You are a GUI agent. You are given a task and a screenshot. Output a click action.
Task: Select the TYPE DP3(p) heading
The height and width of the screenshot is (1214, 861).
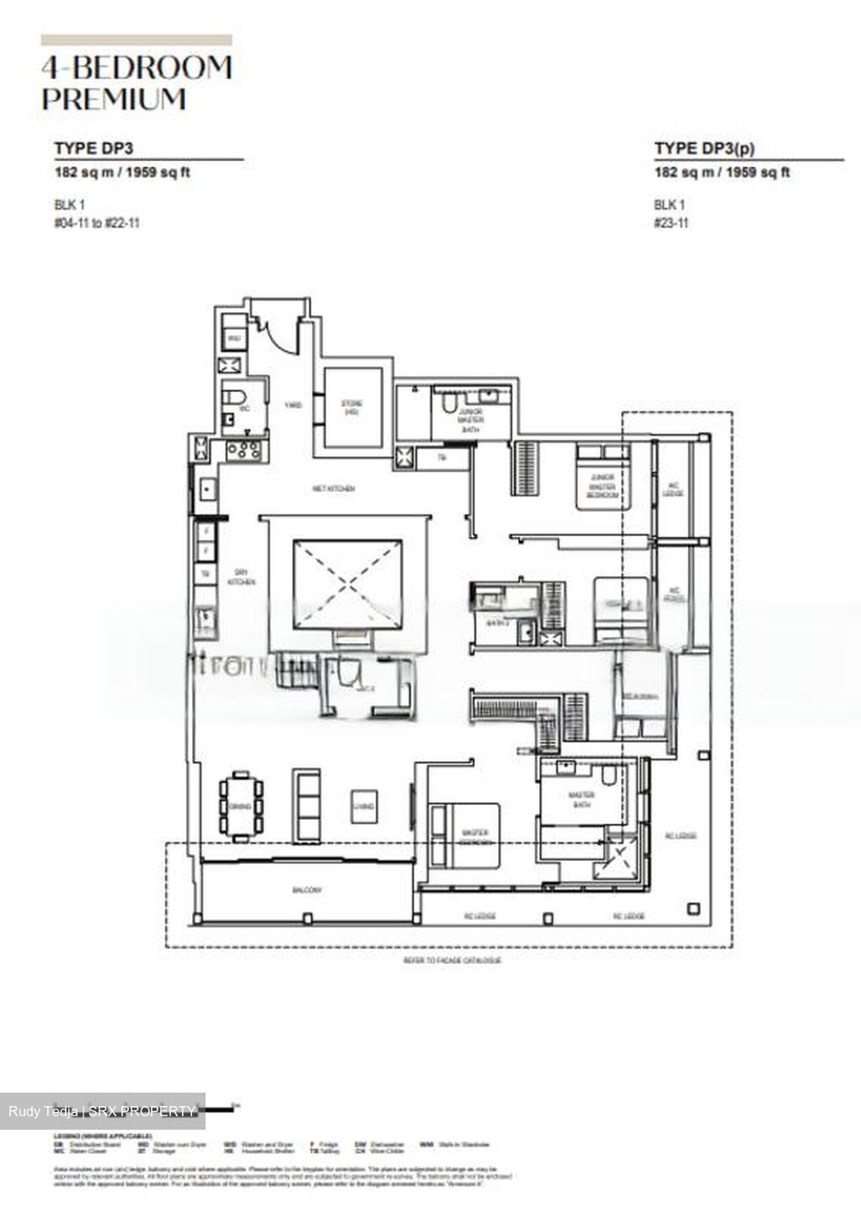tap(704, 148)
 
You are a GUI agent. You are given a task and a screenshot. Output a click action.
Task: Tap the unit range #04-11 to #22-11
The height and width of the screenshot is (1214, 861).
tap(97, 223)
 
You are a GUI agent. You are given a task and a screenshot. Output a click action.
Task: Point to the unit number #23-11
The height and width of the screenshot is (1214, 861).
tap(671, 223)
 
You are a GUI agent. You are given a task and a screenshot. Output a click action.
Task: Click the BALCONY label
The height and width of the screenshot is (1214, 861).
tap(307, 890)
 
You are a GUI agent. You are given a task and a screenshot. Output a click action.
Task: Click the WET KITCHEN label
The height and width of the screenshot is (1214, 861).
tap(333, 489)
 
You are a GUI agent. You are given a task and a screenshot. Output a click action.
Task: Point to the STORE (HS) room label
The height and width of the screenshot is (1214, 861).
tap(351, 408)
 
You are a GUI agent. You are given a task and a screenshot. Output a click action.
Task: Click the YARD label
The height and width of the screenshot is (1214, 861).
tap(292, 406)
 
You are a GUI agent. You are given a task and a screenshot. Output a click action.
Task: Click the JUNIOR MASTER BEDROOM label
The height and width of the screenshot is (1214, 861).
tap(602, 486)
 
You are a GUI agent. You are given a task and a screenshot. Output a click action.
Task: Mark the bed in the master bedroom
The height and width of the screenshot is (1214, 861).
tap(464, 834)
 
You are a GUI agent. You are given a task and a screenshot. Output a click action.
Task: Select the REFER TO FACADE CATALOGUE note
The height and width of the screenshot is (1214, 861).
tap(452, 960)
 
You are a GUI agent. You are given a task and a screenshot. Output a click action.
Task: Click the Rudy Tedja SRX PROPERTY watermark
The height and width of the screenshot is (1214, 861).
tap(102, 1111)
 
